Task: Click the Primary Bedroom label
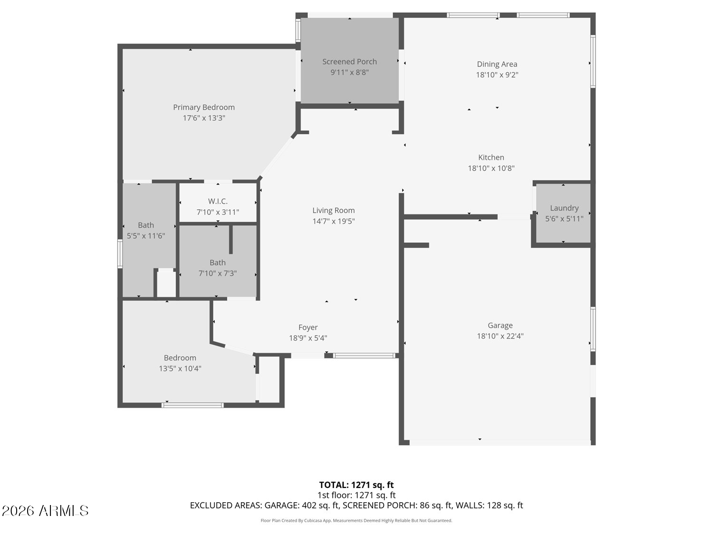coord(203,107)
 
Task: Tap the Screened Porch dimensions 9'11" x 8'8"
coord(349,72)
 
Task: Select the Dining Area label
coord(497,64)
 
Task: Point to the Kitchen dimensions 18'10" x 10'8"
coord(491,168)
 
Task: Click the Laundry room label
coord(564,208)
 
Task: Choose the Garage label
coord(500,325)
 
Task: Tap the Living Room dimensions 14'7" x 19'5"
coord(334,221)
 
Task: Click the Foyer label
coord(308,328)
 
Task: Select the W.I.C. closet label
coord(218,201)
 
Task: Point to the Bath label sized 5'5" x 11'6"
coord(146,225)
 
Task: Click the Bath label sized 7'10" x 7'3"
coord(218,263)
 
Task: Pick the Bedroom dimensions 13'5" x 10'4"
coord(180,369)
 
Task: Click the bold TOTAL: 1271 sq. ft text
coord(356,485)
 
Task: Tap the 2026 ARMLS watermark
coord(45,511)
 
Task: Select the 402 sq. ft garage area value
coord(320,506)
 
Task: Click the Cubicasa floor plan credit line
coord(356,520)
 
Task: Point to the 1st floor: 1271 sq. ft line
coord(356,495)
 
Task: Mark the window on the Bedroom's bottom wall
coord(193,405)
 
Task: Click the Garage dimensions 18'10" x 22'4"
coord(500,336)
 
